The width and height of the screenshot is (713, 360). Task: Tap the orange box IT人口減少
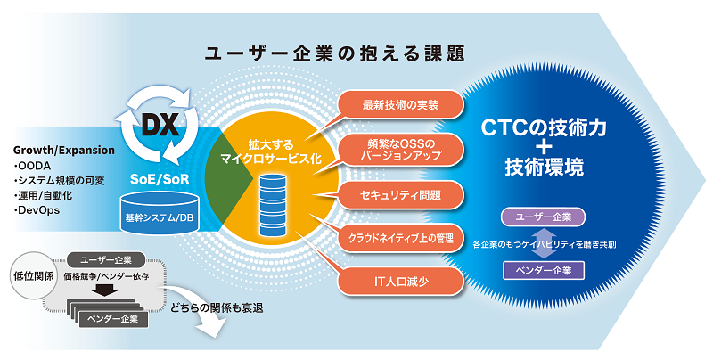tap(401, 282)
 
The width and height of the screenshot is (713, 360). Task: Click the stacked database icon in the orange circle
tap(271, 204)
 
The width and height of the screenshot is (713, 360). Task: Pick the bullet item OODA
tap(39, 165)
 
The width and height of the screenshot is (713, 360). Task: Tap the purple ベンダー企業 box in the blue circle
tap(542, 267)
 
